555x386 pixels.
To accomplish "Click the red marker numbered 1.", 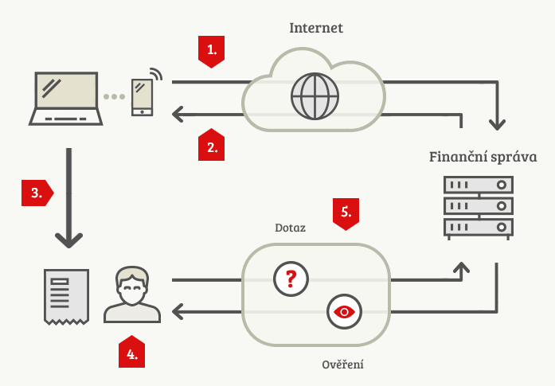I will (211, 51).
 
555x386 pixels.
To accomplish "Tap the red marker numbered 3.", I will (36, 193).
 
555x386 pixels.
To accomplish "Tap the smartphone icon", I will (143, 97).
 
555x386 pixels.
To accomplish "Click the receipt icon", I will (66, 295).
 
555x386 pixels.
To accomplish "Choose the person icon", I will (132, 294).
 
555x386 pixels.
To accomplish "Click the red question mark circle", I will (290, 279).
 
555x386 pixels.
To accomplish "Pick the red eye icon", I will (343, 311).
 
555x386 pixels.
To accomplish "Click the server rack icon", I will (478, 207).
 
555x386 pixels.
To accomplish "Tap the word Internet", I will (315, 28).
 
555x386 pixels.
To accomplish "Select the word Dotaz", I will (290, 228).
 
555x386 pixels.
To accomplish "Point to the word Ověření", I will (342, 365).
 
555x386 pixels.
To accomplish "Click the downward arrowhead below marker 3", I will (70, 237).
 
